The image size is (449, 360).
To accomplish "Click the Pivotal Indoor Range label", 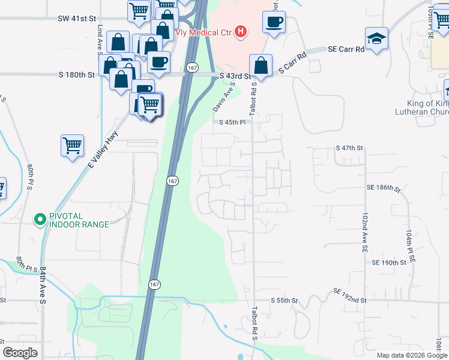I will (79, 220).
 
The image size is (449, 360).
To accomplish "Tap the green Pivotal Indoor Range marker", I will (40, 220).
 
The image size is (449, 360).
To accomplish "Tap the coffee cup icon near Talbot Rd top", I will (274, 22).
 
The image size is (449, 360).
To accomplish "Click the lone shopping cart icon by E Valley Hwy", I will (72, 145).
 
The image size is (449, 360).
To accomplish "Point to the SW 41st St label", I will (77, 19).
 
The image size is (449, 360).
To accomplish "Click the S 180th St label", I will (77, 75).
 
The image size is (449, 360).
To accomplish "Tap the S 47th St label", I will (350, 148).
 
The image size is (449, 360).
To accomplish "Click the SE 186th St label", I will (383, 188).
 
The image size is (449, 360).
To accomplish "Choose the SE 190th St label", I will (389, 263).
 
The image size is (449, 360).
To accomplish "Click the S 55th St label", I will (284, 300).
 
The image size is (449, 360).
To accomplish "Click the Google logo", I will (20, 353).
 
